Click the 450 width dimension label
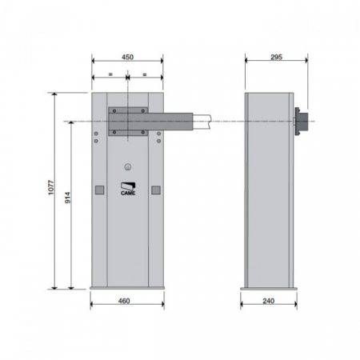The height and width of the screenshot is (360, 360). pos(127,57)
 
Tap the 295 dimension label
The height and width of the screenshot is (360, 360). pos(276,57)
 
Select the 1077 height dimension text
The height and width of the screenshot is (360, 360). pos(51,188)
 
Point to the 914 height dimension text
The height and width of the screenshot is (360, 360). pos(68,198)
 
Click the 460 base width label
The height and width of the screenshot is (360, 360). pos(124,301)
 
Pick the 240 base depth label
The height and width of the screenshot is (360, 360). pos(269,301)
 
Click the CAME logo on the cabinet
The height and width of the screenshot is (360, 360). pos(128,189)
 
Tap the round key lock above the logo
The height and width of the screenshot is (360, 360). pos(128,167)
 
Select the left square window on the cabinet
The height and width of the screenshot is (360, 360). pos(99,190)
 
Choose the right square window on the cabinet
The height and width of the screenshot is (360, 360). pos(156,190)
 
